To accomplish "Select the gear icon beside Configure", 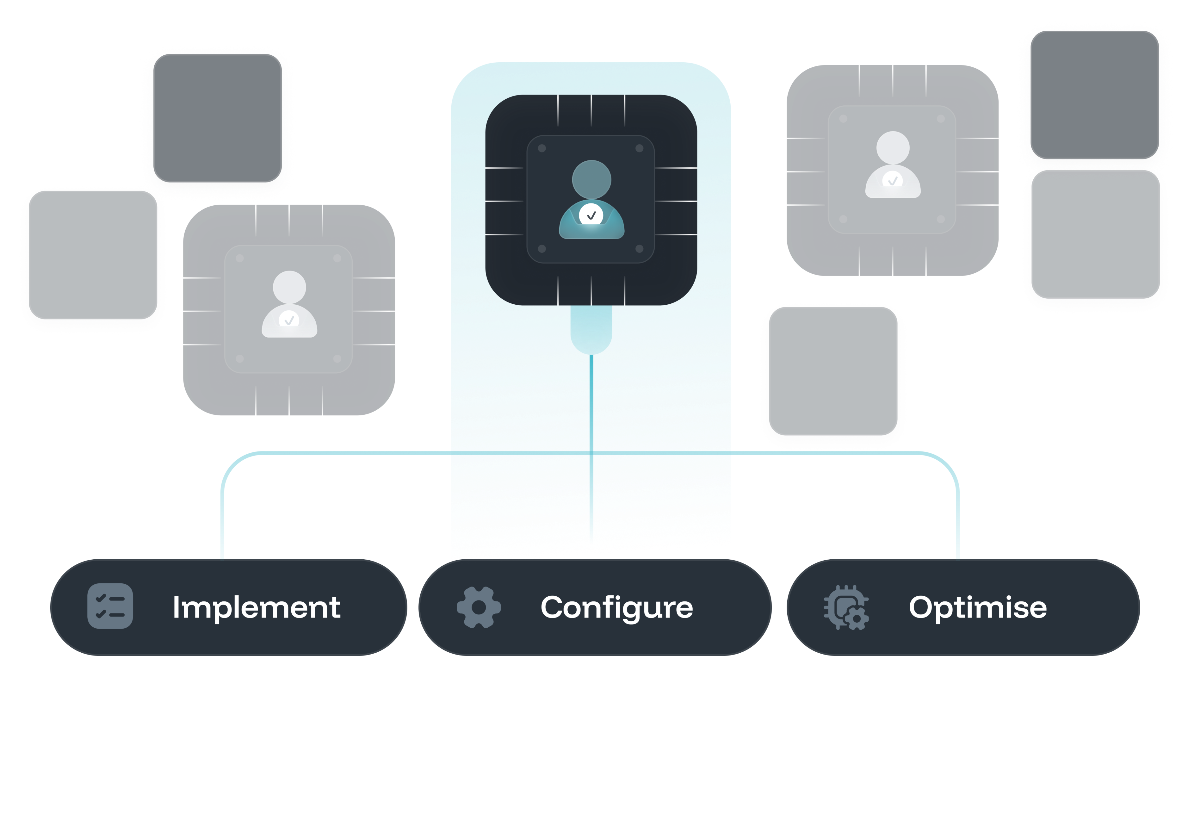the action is pyautogui.click(x=478, y=607).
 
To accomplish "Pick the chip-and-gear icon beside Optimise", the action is pyautogui.click(x=845, y=607).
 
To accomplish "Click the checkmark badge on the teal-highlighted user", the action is pyautogui.click(x=591, y=215).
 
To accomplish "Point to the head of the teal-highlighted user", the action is pyautogui.click(x=591, y=179).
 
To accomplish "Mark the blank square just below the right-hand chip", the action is pyautogui.click(x=833, y=371).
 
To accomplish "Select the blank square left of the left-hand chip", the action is pyautogui.click(x=93, y=255).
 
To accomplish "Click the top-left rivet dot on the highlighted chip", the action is pyautogui.click(x=542, y=148).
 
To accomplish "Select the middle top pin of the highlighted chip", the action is pyautogui.click(x=591, y=110).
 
